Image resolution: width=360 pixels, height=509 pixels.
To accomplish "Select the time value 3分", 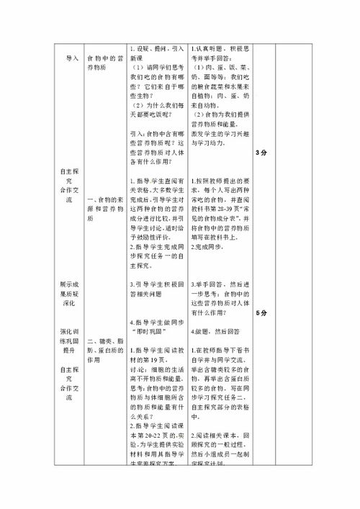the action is click(261, 153).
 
